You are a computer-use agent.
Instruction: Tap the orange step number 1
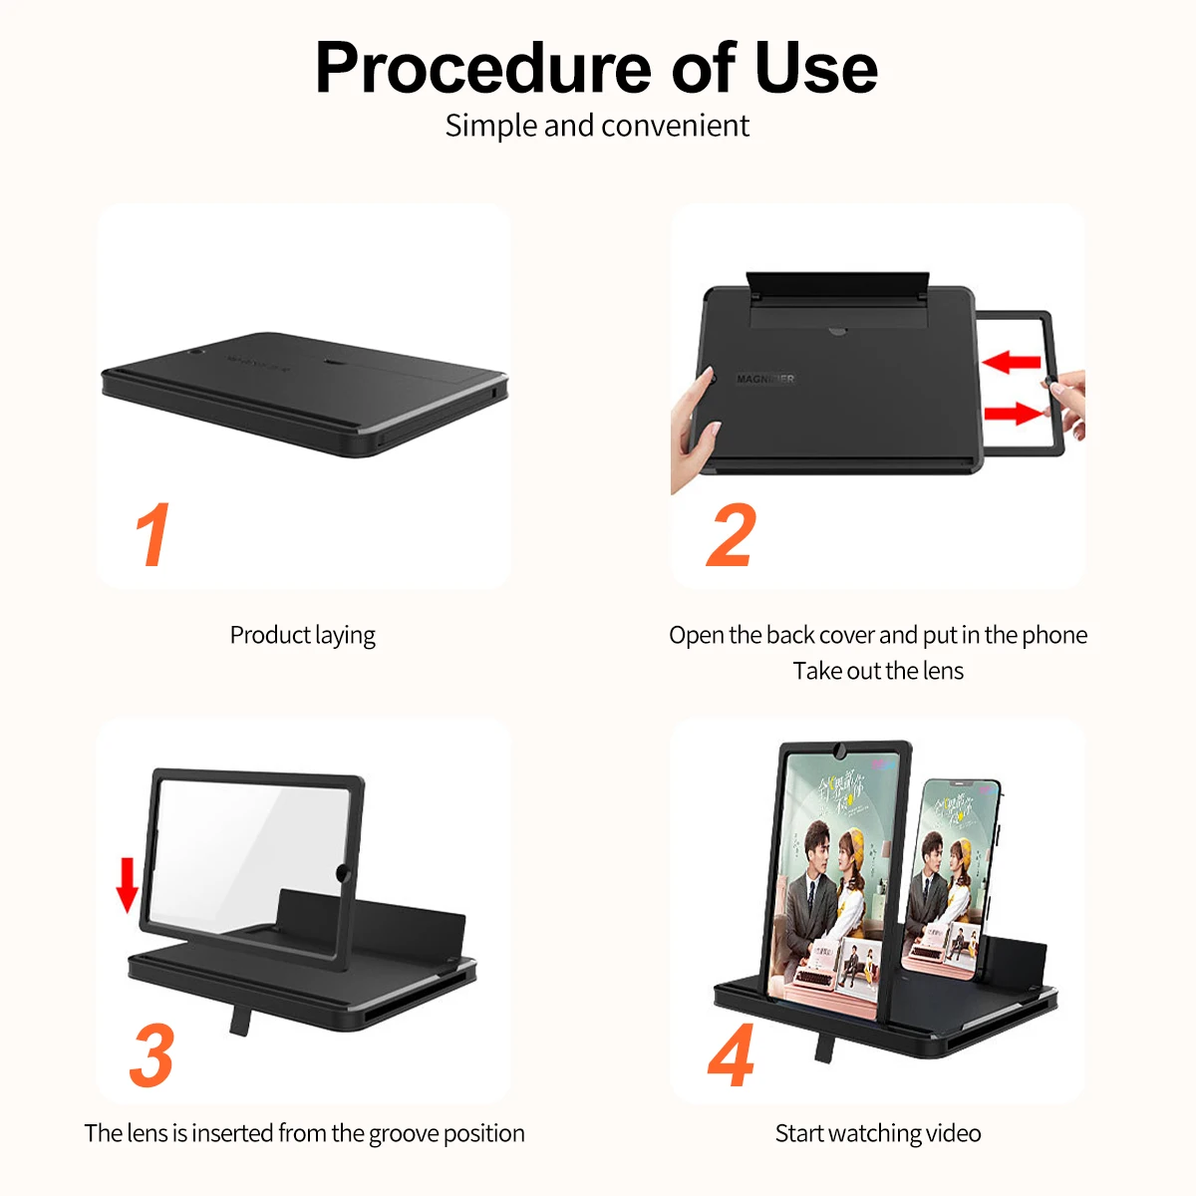coord(152,535)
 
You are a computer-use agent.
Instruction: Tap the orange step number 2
coord(732,535)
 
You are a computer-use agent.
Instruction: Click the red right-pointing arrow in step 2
coord(1013,413)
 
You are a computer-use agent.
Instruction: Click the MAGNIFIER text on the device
coord(765,379)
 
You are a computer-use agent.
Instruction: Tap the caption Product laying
coord(302,636)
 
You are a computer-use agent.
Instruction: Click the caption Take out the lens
coord(878,671)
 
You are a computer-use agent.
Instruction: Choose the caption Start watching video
coord(878,1133)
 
